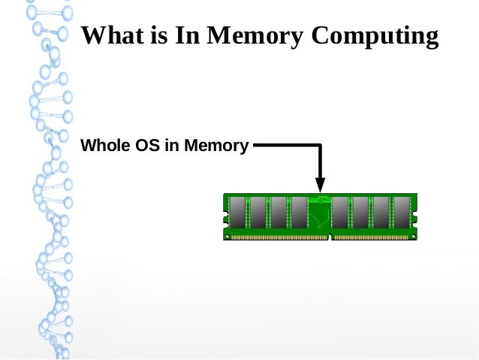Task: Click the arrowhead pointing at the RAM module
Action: tap(320, 185)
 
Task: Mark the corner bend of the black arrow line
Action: tap(321, 145)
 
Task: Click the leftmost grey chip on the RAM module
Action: tap(238, 213)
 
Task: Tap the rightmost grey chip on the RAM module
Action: tap(402, 213)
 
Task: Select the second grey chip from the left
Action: tap(258, 213)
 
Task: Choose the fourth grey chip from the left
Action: tap(299, 213)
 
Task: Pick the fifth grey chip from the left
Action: tap(340, 213)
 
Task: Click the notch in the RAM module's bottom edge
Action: tap(330, 237)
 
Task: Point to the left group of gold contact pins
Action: tap(278, 236)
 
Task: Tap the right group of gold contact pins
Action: tap(372, 236)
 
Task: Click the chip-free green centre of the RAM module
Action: tap(320, 214)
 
